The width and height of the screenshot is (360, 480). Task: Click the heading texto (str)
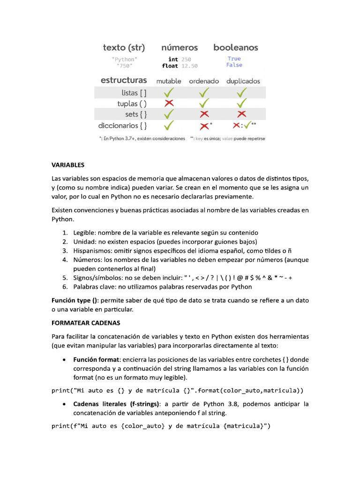124,47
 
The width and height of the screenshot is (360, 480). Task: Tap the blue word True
234,59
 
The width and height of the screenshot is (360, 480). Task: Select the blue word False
234,65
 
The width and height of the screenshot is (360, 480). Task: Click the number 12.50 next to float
189,66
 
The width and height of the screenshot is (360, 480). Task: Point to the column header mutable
169,81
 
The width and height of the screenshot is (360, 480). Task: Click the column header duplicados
243,81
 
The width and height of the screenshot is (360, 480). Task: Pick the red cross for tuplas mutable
169,103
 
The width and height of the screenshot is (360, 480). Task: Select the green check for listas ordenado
204,92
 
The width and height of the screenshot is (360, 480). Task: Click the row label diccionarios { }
122,126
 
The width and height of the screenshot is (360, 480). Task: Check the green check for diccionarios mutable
169,125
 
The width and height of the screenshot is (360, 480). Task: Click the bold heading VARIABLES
68,165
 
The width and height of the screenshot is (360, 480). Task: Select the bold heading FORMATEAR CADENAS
86,323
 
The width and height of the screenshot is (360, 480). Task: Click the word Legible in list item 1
84,232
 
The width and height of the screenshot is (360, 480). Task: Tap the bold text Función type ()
75,300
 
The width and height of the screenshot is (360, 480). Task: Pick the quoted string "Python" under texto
125,59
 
